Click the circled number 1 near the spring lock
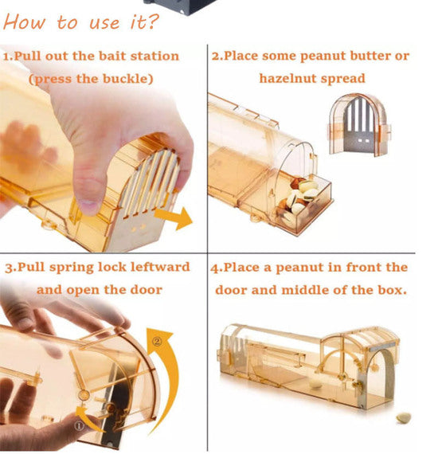click(x=80, y=426)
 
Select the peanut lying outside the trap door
click(x=404, y=417)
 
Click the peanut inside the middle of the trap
click(x=315, y=384)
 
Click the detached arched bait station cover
click(x=359, y=124)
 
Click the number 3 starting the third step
click(x=9, y=268)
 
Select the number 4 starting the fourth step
click(x=214, y=268)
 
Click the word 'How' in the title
click(x=25, y=22)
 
